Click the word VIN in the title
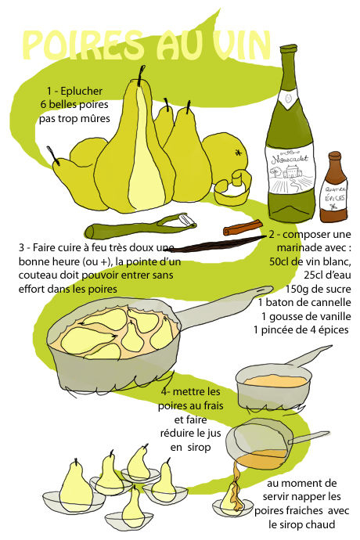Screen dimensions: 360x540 (241, 45)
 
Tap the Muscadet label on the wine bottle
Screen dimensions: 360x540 (290, 169)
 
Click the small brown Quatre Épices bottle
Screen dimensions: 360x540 (333, 187)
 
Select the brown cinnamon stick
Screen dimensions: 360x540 (243, 228)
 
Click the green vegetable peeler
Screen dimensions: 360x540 (141, 226)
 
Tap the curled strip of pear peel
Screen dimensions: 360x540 (232, 188)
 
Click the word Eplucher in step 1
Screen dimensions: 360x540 (81, 92)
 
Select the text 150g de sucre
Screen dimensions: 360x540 (318, 289)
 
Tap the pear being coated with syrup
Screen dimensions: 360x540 (231, 497)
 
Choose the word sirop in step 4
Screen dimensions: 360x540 (199, 448)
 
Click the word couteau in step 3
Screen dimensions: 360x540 (35, 275)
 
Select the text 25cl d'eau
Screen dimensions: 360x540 (327, 275)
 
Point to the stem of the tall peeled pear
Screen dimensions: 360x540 (140, 75)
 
